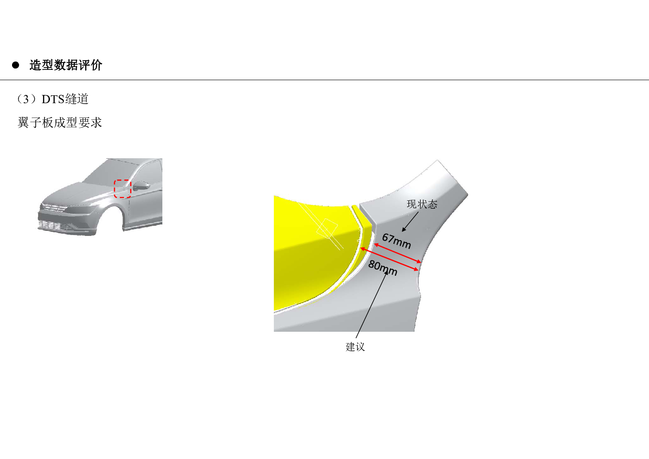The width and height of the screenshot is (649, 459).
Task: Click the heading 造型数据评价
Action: [66, 65]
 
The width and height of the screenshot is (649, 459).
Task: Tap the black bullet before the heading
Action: [16, 65]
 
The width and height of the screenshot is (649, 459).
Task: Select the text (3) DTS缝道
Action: [52, 99]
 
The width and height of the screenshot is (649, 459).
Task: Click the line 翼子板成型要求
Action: [60, 122]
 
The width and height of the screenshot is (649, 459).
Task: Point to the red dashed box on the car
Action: [123, 189]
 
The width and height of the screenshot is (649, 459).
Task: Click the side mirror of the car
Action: [142, 186]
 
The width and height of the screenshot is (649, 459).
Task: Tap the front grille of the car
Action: [54, 208]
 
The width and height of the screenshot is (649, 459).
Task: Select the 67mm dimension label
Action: [396, 241]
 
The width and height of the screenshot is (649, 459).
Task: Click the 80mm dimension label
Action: [383, 268]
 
